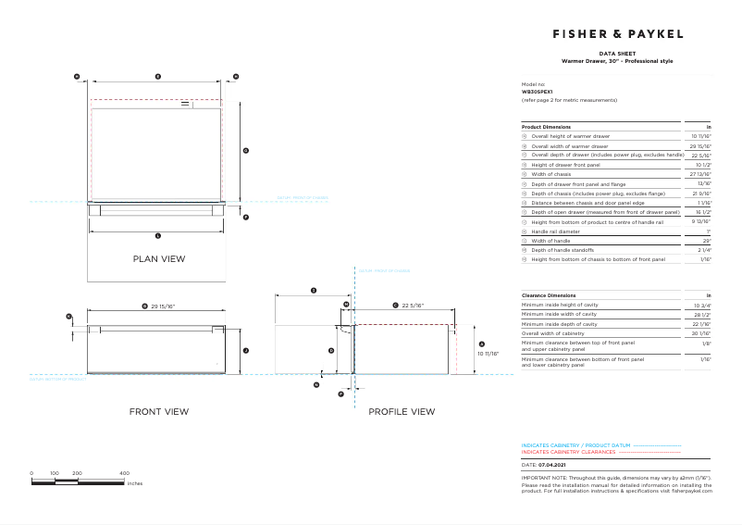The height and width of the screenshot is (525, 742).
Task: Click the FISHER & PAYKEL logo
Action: (617, 33)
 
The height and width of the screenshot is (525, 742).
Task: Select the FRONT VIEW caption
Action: (158, 411)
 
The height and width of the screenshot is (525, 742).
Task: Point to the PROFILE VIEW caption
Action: (402, 411)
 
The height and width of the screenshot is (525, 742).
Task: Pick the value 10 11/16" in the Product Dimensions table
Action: (700, 136)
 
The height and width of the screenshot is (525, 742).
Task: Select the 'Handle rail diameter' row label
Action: (558, 231)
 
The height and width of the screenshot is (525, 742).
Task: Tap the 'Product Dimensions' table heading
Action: (546, 126)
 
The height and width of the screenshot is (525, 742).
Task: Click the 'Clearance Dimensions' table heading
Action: (549, 294)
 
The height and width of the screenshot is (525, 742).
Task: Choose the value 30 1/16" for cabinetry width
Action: (700, 333)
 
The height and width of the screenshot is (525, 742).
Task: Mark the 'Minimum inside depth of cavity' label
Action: (560, 323)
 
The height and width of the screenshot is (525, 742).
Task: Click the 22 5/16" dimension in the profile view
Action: (412, 305)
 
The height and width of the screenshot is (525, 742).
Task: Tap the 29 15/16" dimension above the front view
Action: (163, 305)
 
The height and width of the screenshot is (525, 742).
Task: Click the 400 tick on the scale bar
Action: (124, 473)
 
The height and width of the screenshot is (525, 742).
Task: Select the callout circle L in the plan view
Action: (157, 236)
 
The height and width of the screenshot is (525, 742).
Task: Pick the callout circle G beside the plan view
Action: (245, 150)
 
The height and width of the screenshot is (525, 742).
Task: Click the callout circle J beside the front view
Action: (245, 350)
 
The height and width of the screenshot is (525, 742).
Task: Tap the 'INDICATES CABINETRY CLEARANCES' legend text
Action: (568, 452)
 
